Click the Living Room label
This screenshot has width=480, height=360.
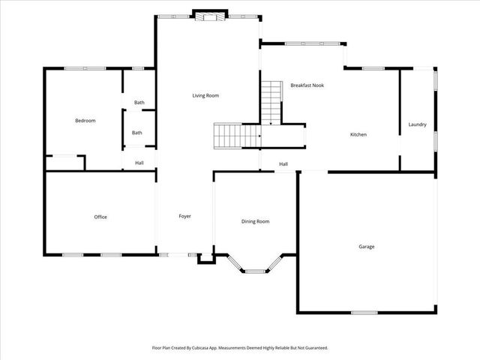(205, 95)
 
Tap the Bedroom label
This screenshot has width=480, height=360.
(85, 120)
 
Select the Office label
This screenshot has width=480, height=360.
(100, 217)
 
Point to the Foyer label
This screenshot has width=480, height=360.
(184, 216)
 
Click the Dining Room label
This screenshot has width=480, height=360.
(255, 221)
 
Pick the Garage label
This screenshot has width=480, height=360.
(366, 246)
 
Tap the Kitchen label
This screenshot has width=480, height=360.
(358, 135)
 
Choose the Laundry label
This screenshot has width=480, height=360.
(418, 124)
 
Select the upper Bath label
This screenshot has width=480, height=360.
(139, 103)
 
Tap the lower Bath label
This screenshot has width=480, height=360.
(137, 133)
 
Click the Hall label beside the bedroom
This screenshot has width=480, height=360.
(139, 163)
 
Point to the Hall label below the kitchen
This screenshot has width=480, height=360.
(283, 164)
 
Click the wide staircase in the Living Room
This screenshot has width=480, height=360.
(235, 136)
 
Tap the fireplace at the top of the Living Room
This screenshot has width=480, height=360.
(209, 16)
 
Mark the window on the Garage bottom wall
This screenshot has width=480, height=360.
(364, 312)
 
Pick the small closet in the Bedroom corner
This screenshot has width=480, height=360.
(64, 163)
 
